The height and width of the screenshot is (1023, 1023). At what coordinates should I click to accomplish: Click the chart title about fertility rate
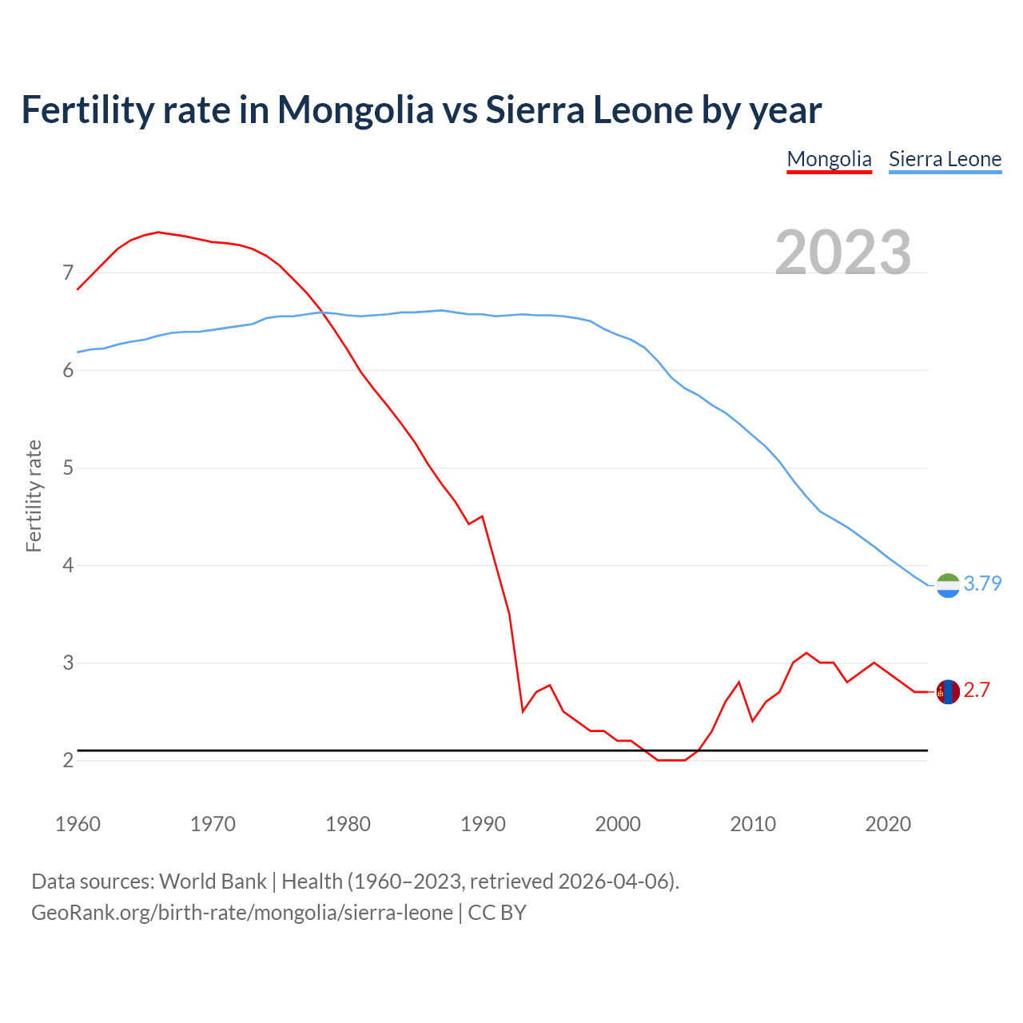[x=421, y=110]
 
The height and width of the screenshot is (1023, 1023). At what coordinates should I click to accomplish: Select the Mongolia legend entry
[x=829, y=159]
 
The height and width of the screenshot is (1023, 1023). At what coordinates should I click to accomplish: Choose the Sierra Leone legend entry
[x=945, y=159]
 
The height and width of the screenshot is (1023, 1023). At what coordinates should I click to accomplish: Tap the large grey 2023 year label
[x=843, y=253]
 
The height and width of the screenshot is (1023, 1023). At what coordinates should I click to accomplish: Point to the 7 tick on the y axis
[x=68, y=273]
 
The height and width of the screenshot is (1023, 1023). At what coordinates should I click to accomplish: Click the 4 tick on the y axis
[x=68, y=566]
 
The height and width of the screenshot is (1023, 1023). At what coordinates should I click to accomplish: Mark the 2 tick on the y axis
[x=68, y=760]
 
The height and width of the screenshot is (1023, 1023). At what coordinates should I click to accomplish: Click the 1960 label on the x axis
[x=78, y=824]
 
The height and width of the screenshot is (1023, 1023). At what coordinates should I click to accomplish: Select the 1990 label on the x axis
[x=483, y=824]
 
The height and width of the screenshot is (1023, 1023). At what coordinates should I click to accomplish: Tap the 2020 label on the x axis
[x=888, y=824]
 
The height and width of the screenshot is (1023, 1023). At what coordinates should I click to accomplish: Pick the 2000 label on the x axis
[x=618, y=824]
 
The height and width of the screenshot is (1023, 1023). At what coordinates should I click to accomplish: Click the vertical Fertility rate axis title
[x=34, y=496]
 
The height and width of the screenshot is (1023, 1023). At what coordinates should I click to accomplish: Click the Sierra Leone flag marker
[x=948, y=586]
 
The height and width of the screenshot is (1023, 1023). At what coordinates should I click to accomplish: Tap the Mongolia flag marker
[x=948, y=691]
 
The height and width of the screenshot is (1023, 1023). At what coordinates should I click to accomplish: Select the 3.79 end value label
[x=982, y=584]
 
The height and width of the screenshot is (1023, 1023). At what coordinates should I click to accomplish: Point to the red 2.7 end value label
[x=977, y=691]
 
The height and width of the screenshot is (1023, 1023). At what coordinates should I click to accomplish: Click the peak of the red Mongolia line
[x=158, y=232]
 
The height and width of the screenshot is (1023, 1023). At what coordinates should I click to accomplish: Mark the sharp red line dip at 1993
[x=523, y=711]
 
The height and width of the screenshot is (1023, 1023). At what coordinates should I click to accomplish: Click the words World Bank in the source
[x=213, y=882]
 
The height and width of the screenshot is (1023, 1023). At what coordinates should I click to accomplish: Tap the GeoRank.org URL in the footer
[x=242, y=913]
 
